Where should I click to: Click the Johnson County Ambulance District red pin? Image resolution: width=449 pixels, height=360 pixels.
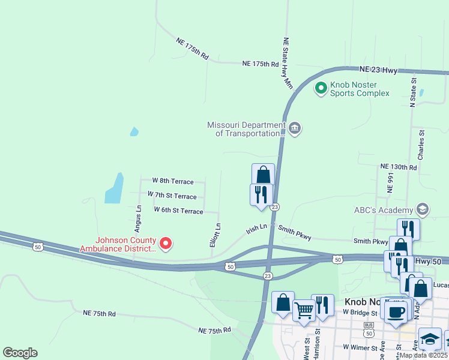point(165,243)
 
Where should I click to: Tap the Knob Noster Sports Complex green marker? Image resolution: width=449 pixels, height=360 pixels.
point(321,88)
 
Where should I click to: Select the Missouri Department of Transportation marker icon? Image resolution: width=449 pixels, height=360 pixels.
point(295,128)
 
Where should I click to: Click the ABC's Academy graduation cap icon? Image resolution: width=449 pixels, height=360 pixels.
point(422,209)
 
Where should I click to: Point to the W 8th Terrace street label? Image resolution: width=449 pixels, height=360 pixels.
point(173,181)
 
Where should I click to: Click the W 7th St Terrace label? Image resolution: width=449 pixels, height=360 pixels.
point(172,196)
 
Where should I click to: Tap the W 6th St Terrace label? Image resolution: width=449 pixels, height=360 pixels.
point(178,209)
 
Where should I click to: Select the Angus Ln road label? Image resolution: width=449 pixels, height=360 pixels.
point(138,219)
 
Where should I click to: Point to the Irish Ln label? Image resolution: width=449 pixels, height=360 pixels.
point(256,230)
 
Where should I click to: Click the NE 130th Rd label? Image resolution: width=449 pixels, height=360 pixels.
point(398,167)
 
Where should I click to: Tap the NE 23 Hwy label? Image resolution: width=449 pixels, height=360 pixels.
point(379,70)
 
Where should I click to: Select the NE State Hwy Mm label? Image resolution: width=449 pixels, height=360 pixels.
point(287,64)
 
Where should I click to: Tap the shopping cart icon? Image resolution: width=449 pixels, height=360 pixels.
point(304,310)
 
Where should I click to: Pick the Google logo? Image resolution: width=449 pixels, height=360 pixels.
point(20,352)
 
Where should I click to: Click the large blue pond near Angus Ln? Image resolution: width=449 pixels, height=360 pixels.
point(114,188)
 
